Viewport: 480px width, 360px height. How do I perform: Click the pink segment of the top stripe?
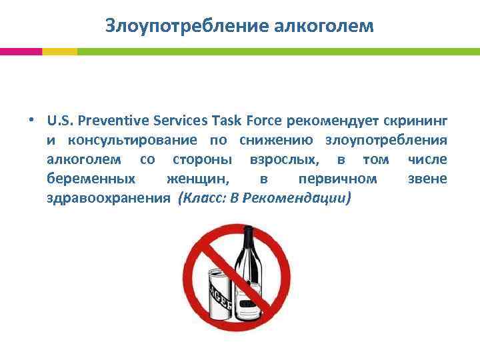pyautogui.click(x=21, y=51)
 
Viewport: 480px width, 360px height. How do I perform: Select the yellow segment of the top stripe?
pyautogui.click(x=59, y=51)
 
